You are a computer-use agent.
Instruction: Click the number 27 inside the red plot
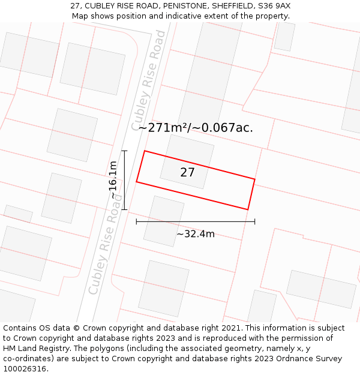[x=187, y=173]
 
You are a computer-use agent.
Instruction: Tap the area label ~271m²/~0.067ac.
[x=196, y=127]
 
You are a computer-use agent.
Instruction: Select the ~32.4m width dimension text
[x=196, y=234]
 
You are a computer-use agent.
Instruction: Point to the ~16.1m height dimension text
[x=113, y=180]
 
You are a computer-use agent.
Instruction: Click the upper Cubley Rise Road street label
[x=148, y=80]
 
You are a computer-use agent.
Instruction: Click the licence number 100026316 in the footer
[x=23, y=369]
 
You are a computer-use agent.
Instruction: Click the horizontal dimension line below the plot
[x=196, y=221]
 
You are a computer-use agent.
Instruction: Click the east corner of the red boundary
[x=254, y=179]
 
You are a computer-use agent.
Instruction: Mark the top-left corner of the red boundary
[x=145, y=151]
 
